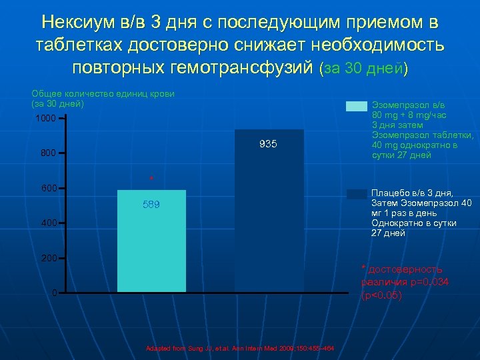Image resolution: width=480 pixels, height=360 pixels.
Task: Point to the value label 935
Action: click(x=269, y=145)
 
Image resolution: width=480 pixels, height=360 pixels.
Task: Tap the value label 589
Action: click(x=151, y=205)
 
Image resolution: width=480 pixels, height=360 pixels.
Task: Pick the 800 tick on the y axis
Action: click(x=47, y=153)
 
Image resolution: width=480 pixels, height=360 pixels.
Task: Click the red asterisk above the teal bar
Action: click(x=152, y=179)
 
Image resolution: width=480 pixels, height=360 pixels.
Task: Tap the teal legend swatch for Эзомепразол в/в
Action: click(x=357, y=106)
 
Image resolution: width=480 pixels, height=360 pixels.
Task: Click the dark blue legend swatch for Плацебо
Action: click(x=357, y=194)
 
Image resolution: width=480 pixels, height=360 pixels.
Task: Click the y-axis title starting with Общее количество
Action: click(x=103, y=99)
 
